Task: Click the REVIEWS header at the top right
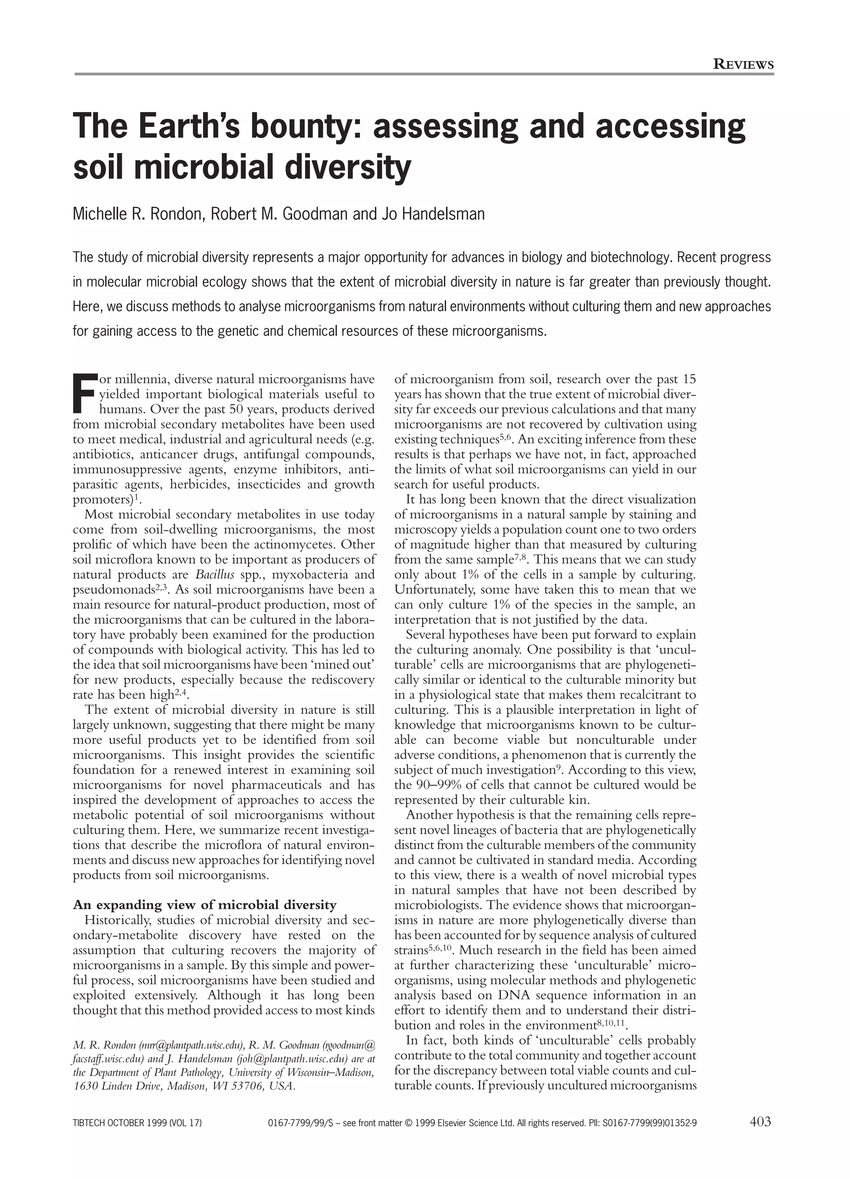pyautogui.click(x=743, y=64)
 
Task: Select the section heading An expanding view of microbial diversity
pyautogui.click(x=205, y=905)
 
